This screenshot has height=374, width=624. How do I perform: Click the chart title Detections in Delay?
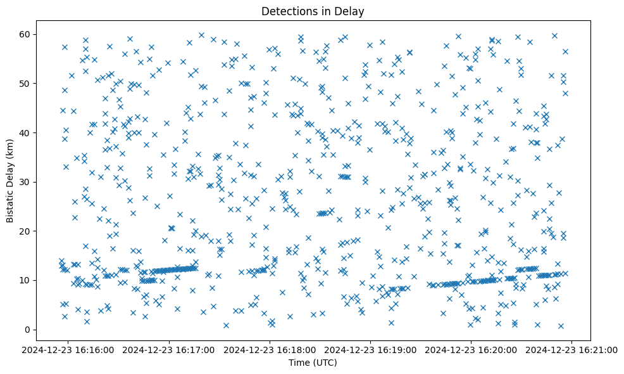pos(313,11)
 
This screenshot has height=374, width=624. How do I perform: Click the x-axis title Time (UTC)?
pos(313,363)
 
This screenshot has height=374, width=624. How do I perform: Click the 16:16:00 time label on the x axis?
pos(69,350)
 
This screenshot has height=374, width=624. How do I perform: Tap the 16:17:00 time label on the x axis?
pos(170,350)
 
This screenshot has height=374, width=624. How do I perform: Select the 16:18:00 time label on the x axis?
pos(270,350)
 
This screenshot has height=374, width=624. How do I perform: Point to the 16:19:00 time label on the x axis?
pos(371,350)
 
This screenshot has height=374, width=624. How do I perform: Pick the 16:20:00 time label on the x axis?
pos(471,350)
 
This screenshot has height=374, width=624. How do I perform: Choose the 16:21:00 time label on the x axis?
pos(572,350)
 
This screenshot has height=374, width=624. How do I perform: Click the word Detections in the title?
pos(288,11)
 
